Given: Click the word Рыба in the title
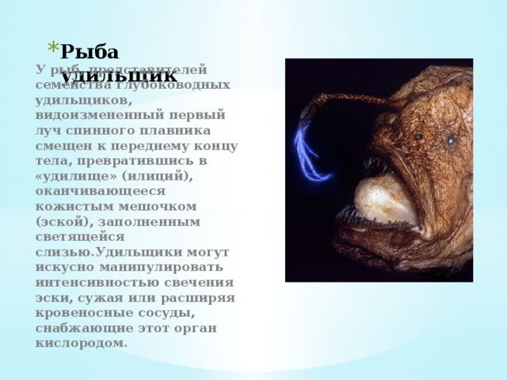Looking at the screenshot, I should coord(90,52).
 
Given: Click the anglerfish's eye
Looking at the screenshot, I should coord(451,141).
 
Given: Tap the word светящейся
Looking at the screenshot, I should coord(79,236).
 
